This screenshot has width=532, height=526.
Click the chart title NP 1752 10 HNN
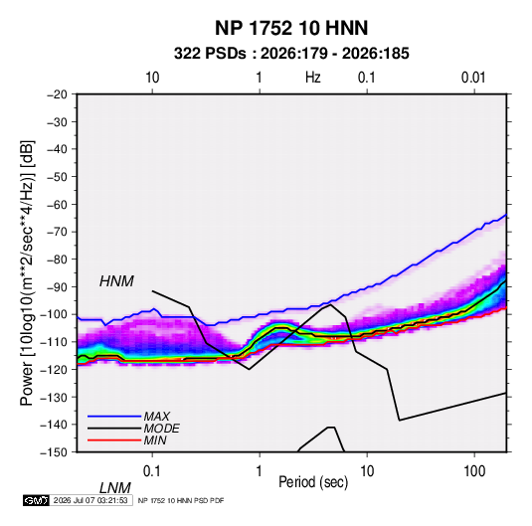click(291, 28)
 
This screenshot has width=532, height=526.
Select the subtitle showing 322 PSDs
click(291, 54)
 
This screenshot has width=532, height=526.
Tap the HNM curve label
click(116, 281)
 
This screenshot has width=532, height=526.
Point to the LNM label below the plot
click(114, 488)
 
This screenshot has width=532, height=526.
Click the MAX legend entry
click(156, 416)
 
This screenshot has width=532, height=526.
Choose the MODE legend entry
click(161, 429)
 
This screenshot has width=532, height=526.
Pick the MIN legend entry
click(155, 440)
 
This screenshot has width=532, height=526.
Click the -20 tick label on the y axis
click(57, 94)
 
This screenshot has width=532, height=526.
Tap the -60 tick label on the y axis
click(57, 204)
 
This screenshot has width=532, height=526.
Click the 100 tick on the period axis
click(474, 471)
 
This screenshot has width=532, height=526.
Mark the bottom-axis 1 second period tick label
click(260, 471)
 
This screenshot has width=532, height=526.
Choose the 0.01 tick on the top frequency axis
click(473, 78)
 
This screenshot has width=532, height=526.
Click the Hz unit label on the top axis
click(313, 78)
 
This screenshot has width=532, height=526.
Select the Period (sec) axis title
click(313, 482)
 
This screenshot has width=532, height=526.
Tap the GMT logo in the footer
click(36, 500)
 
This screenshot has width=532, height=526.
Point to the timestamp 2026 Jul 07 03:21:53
click(90, 500)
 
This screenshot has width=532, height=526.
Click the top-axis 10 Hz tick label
click(152, 78)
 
